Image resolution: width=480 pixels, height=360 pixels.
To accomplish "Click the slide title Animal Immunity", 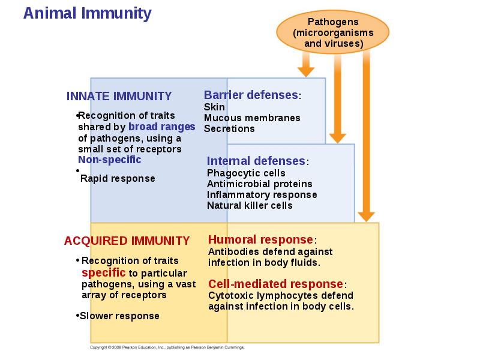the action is [x=87, y=14].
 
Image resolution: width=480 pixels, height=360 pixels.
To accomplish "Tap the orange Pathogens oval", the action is [x=333, y=32].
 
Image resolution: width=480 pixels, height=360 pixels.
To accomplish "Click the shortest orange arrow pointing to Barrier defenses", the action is [x=306, y=64].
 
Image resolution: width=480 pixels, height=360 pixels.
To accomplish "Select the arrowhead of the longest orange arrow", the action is [x=366, y=217].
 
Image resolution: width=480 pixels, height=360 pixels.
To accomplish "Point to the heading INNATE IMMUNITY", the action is [x=119, y=96].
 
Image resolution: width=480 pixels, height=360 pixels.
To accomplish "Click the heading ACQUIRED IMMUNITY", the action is [x=127, y=241].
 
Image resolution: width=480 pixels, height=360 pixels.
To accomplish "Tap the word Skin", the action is [x=214, y=107].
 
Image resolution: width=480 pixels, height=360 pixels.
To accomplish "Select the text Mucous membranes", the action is [x=252, y=118].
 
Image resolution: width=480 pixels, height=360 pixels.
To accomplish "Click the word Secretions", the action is [x=229, y=128].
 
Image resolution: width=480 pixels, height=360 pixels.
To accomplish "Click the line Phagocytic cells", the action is [x=246, y=173].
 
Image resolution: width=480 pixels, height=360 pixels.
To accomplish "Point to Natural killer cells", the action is [x=250, y=205].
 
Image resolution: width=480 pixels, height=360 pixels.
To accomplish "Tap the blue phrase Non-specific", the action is [x=110, y=160].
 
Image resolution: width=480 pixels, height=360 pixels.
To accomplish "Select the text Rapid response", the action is [x=118, y=178].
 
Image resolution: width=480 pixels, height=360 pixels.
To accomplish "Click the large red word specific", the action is [x=103, y=272].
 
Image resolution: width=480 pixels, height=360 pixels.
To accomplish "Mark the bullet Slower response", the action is [x=118, y=316].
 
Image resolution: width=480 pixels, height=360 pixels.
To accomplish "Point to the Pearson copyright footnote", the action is [x=167, y=347].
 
